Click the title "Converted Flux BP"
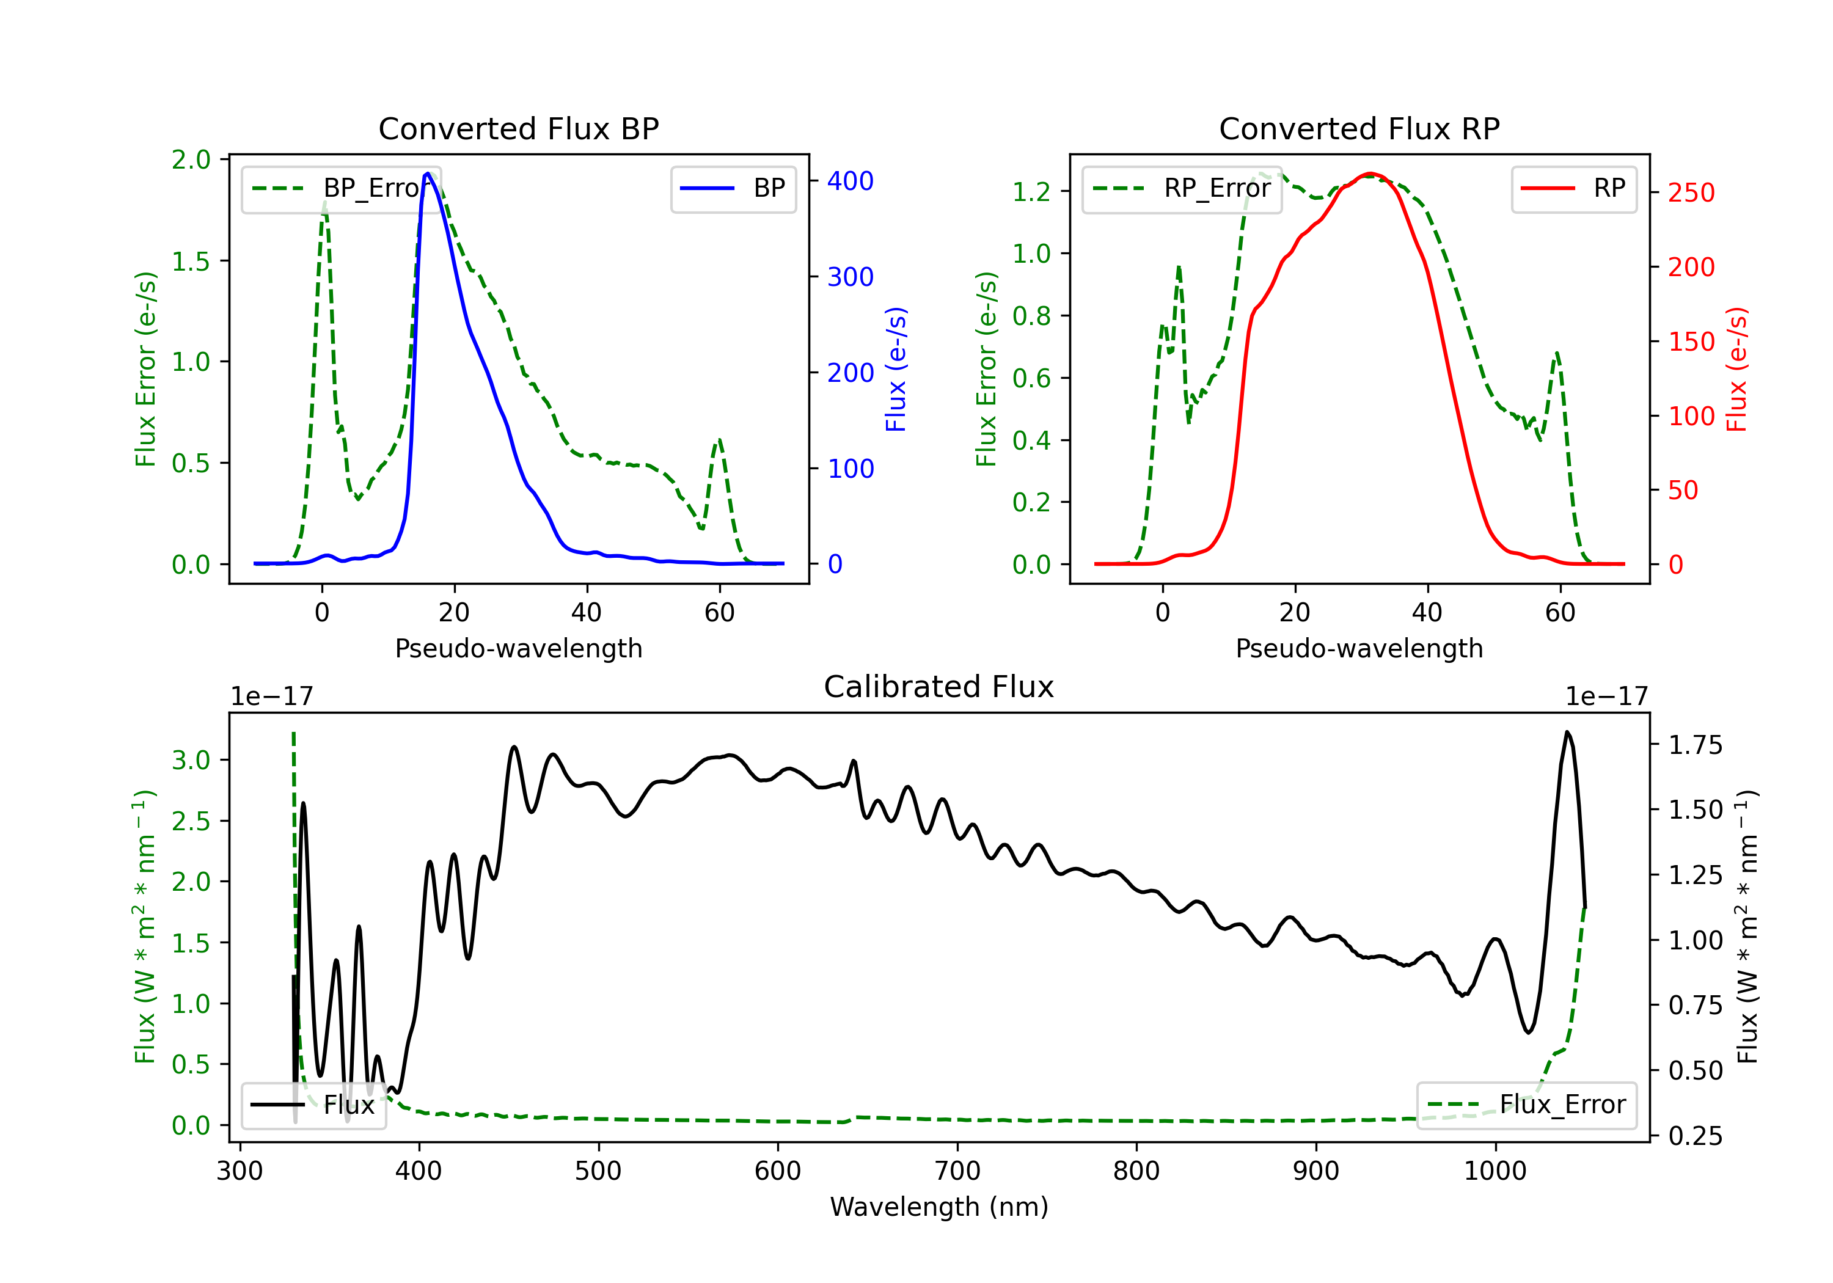tap(519, 128)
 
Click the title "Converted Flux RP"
tap(1359, 128)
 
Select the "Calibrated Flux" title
tap(939, 687)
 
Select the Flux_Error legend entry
tap(1526, 1105)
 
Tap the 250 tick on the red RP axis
tap(1691, 192)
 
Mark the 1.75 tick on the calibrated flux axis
tap(1696, 745)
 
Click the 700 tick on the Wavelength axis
tap(957, 1171)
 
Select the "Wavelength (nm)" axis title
tap(939, 1207)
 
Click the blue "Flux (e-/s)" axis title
tap(896, 370)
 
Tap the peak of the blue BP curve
tap(428, 174)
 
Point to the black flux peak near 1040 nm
tap(1567, 731)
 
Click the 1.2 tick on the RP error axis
tap(1031, 192)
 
